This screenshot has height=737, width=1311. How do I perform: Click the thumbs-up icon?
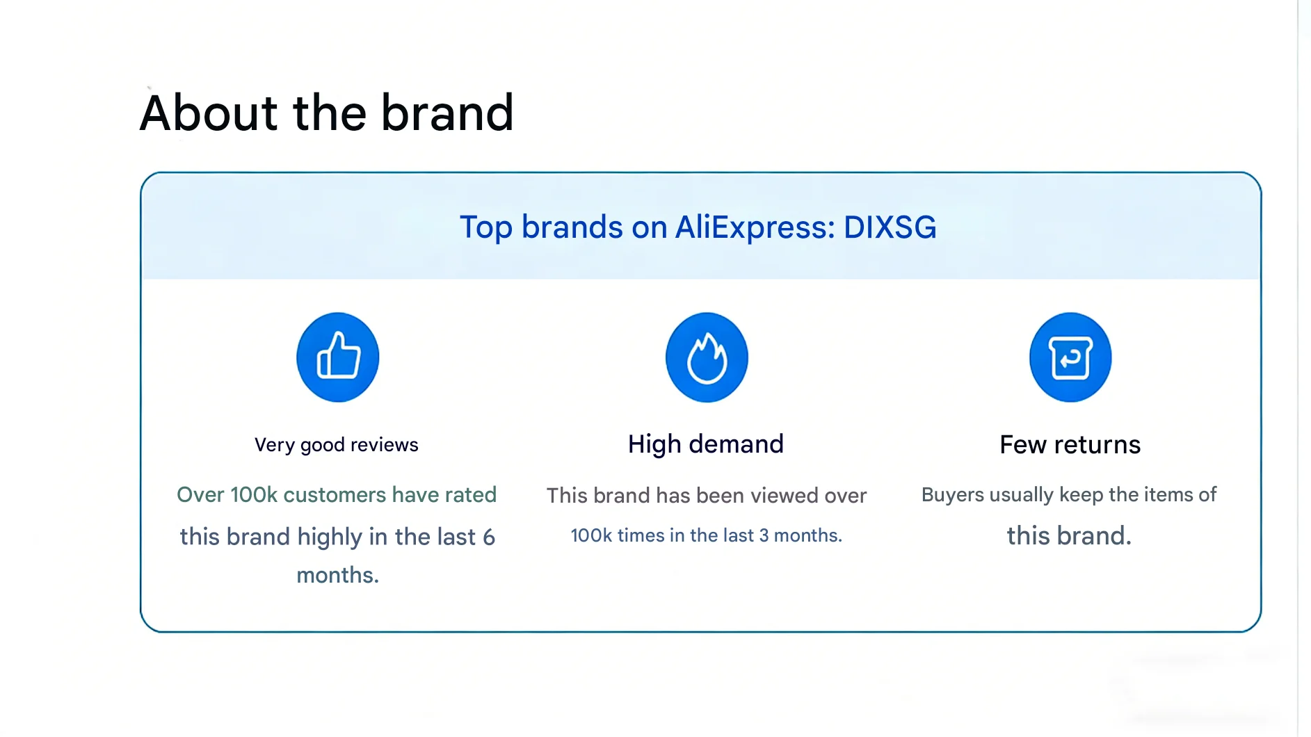(338, 357)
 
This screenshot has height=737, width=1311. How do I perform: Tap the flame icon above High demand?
(707, 357)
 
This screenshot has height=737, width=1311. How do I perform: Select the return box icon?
(1070, 357)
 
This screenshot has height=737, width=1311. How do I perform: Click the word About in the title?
(209, 113)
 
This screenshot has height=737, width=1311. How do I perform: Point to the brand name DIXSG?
(890, 227)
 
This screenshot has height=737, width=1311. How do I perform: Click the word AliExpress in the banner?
(755, 227)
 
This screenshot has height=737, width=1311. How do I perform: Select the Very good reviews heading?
(337, 445)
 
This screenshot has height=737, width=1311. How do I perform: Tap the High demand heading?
(706, 444)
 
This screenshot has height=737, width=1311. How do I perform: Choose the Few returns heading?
(1070, 444)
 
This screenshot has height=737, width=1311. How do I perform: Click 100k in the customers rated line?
(254, 494)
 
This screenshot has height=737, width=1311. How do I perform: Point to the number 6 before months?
(489, 537)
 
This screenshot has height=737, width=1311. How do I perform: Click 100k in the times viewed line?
(591, 535)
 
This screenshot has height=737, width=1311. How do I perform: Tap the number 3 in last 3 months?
(764, 535)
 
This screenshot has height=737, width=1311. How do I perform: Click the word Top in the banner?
(486, 228)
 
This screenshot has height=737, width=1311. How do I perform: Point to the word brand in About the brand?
(447, 113)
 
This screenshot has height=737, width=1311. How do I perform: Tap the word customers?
(335, 494)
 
